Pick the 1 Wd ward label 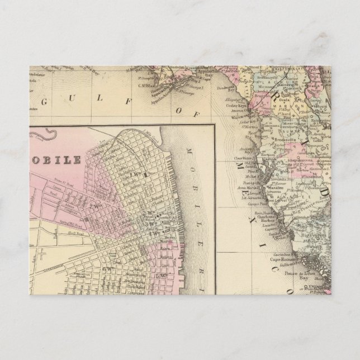tap(134, 175)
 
